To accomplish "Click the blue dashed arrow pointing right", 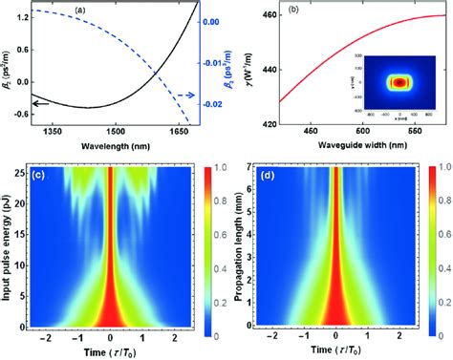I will click(185, 95).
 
